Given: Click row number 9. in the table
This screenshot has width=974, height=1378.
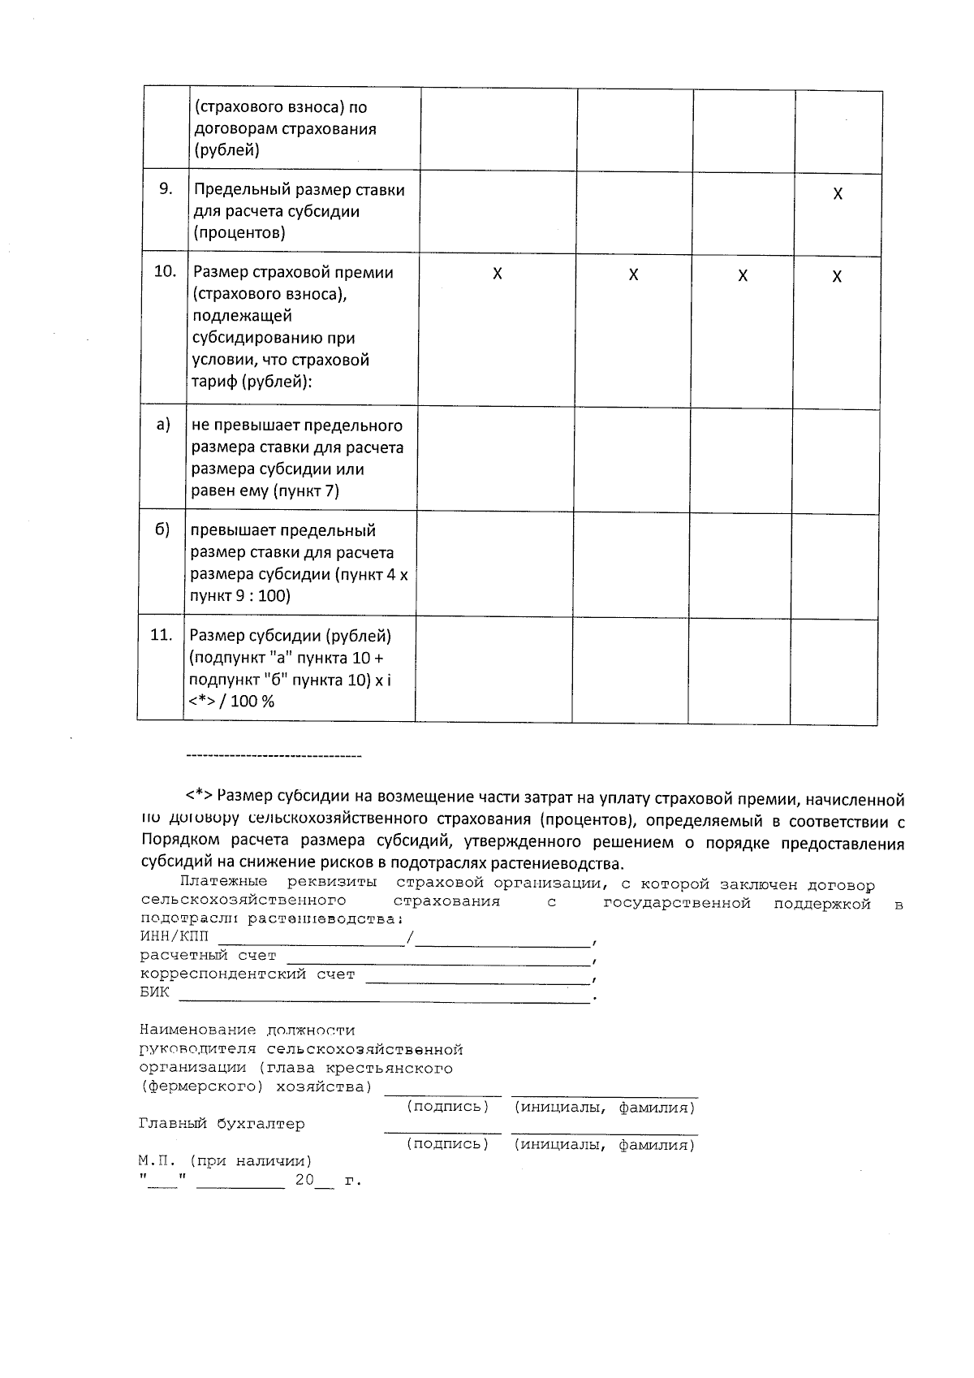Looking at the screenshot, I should (x=166, y=189).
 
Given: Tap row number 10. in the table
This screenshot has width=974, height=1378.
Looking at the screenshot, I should (x=165, y=271).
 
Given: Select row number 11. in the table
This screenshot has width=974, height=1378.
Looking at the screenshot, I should (x=162, y=635).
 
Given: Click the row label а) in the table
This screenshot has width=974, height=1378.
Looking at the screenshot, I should (x=163, y=424).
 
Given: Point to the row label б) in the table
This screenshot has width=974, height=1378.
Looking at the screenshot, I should (x=162, y=529).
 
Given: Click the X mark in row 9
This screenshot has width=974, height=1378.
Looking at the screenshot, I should (x=838, y=194).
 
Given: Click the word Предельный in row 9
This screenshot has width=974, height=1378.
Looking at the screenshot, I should (x=235, y=190).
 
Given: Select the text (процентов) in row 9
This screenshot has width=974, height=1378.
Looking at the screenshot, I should (x=239, y=233).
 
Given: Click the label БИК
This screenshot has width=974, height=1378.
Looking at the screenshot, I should (x=155, y=992).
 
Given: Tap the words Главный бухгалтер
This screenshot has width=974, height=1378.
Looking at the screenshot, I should (x=222, y=1124).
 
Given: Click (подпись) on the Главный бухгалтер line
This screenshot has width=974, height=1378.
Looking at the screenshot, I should (x=447, y=1145).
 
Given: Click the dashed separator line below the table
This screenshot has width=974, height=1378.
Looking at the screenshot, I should (x=274, y=757).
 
